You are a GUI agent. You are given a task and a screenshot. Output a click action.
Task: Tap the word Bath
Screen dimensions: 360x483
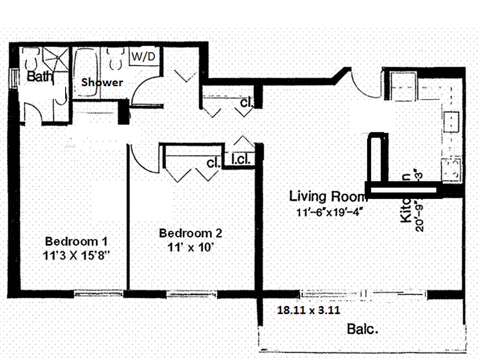(40, 76)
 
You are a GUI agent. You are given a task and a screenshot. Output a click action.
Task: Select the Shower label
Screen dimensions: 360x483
(102, 82)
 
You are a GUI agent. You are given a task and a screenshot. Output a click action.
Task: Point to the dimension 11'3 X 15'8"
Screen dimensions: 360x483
(76, 255)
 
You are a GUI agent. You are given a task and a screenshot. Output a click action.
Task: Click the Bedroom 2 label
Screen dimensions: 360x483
(190, 233)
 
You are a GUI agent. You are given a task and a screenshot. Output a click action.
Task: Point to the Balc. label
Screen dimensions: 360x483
(362, 329)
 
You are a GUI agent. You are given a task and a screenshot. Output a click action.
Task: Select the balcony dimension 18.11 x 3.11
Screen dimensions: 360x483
(308, 310)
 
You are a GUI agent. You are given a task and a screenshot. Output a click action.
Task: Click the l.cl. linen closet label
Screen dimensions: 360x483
(240, 159)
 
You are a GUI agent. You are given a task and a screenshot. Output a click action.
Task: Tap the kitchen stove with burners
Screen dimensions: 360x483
(451, 169)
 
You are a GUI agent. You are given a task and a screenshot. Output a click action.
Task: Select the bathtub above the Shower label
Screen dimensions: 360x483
(86, 72)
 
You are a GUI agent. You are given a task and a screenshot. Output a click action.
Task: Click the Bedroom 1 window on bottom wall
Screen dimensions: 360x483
(98, 294)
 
